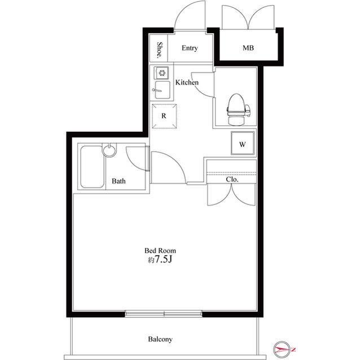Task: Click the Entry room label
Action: (x=190, y=48)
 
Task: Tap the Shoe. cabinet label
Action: (x=159, y=50)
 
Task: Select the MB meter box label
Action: (x=248, y=48)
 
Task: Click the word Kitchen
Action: (x=187, y=82)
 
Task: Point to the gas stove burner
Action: (x=161, y=73)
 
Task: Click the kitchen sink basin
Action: (x=162, y=90)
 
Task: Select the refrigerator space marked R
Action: (x=164, y=116)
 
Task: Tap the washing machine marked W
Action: (x=243, y=143)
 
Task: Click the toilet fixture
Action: (x=237, y=109)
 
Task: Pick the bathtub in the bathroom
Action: (x=92, y=167)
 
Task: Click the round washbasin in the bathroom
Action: (x=109, y=150)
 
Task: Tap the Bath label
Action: (x=118, y=181)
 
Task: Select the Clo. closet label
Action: (x=232, y=179)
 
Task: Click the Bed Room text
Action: (x=160, y=250)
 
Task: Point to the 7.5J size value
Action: (x=164, y=260)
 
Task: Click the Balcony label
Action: (x=160, y=339)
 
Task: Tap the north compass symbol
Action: (x=283, y=350)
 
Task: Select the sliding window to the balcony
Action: (x=164, y=314)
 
